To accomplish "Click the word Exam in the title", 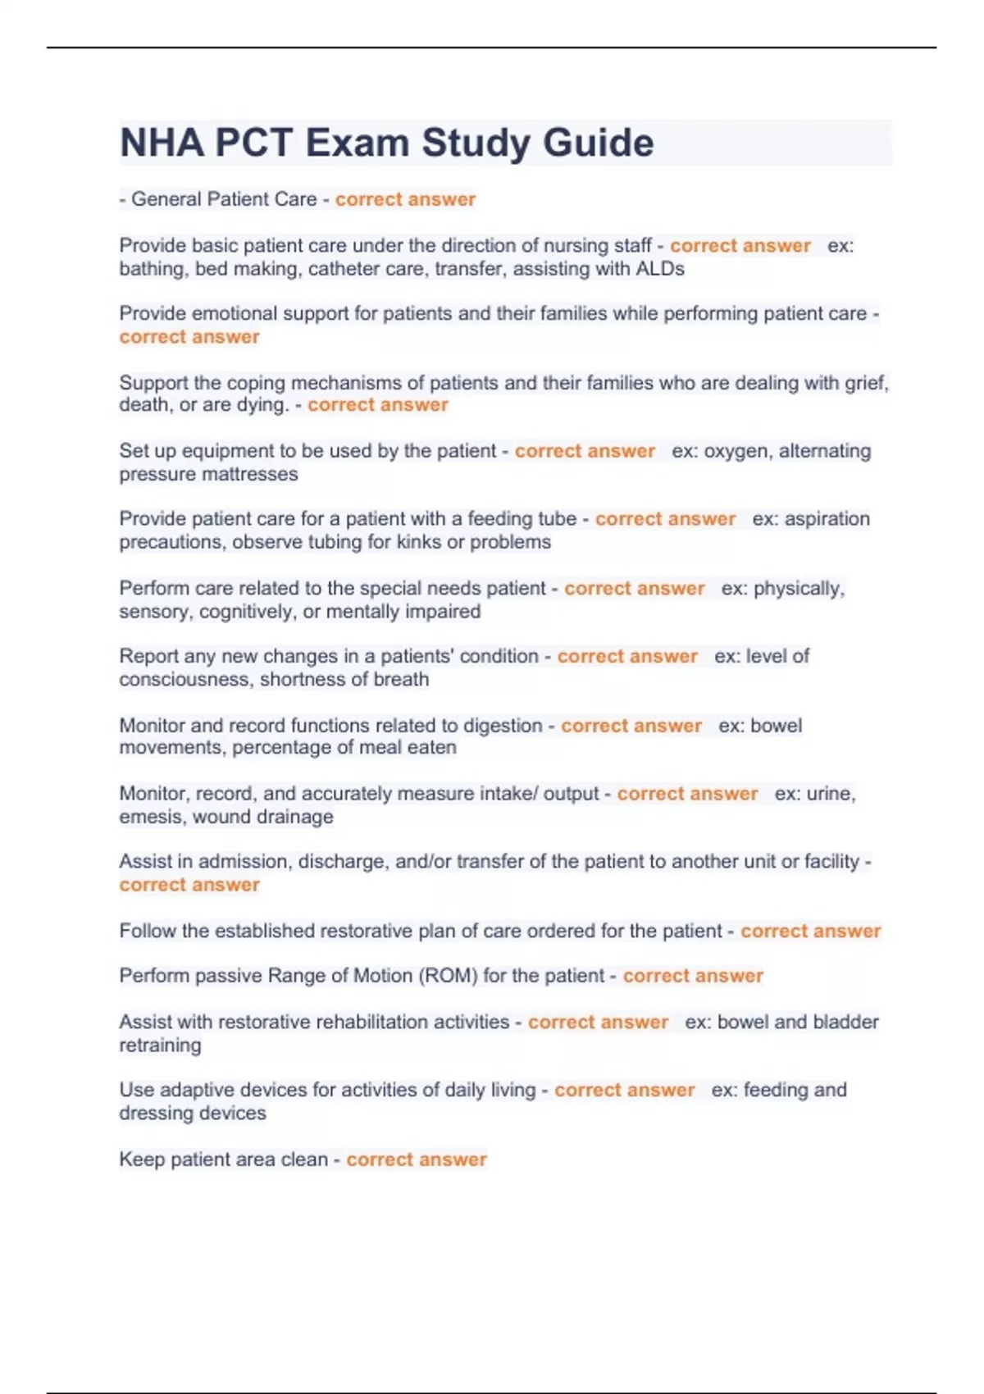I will coord(357,143).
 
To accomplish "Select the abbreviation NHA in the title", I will coord(162,143).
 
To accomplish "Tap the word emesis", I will coord(145,817).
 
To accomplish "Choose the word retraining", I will coord(160,1045).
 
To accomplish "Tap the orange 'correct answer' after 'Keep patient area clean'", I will coord(417,1159).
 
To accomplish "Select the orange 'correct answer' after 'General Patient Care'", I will coord(405,199).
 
